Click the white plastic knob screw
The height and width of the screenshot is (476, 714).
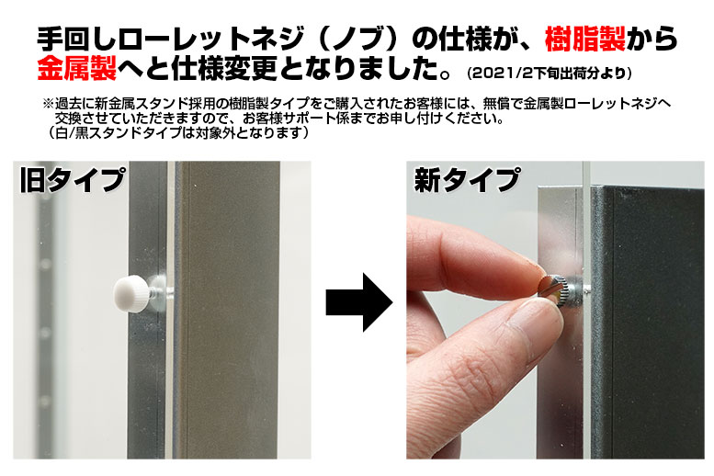[131, 293]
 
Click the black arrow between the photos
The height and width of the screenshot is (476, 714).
[358, 302]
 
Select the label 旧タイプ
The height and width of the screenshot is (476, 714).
[73, 180]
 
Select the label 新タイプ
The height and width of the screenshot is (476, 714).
[467, 180]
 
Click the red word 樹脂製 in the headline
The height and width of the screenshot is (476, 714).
[585, 39]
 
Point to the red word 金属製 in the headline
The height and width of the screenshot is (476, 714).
[77, 68]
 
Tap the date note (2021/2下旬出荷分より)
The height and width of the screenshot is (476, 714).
[550, 73]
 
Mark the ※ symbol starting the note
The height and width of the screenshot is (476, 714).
[49, 104]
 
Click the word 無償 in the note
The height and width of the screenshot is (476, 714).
[495, 104]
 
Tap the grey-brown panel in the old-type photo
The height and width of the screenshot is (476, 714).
[227, 310]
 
